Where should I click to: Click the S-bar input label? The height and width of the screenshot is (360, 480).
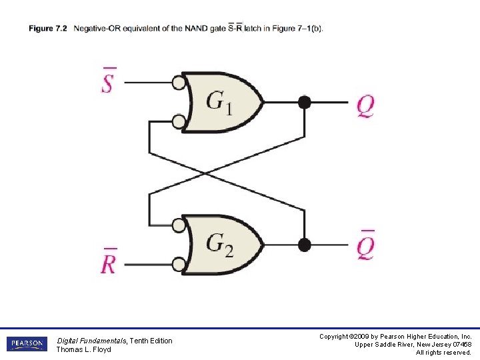(x=109, y=81)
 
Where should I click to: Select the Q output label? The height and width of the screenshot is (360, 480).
(x=365, y=105)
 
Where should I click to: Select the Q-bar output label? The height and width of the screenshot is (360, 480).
(x=365, y=246)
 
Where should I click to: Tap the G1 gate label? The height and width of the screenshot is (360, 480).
(x=219, y=102)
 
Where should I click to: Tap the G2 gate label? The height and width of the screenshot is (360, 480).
(x=219, y=245)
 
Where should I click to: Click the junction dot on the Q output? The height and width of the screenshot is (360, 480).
(x=304, y=102)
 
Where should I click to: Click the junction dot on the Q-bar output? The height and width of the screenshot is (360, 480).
(x=304, y=245)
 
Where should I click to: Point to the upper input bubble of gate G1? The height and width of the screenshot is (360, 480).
(x=178, y=83)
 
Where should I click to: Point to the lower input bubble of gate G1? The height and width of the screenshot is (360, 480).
(x=178, y=121)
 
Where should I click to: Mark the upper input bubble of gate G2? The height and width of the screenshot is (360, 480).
(x=178, y=225)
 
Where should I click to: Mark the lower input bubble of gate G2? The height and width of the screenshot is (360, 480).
(x=178, y=264)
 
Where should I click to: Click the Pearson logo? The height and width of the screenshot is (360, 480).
(x=27, y=344)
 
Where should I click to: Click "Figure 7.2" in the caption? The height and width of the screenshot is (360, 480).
(x=48, y=28)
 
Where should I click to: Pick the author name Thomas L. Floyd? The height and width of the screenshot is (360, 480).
(x=83, y=349)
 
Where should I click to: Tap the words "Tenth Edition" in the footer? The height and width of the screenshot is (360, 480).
(x=151, y=341)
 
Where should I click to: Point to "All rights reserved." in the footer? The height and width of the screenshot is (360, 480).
(x=443, y=352)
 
